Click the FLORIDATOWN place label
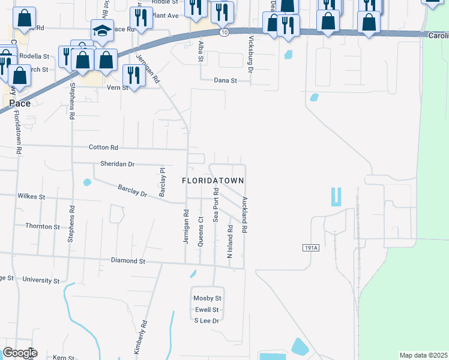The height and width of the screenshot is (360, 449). (x=213, y=180)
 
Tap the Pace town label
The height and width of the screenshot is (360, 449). (x=20, y=103)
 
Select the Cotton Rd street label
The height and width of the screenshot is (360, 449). (x=103, y=147)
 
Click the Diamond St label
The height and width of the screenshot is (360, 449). (x=128, y=261)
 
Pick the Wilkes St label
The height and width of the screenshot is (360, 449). (x=31, y=196)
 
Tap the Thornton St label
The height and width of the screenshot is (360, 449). (x=42, y=226)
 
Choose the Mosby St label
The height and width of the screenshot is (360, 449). (x=208, y=298)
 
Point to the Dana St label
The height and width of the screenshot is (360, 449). (x=226, y=80)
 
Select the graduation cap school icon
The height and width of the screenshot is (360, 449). (x=103, y=30)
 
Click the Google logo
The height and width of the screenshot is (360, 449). (x=20, y=353)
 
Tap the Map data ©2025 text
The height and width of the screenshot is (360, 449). (x=423, y=355)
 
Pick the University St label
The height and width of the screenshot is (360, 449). (x=41, y=280)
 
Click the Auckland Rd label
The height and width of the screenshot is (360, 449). (x=245, y=215)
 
